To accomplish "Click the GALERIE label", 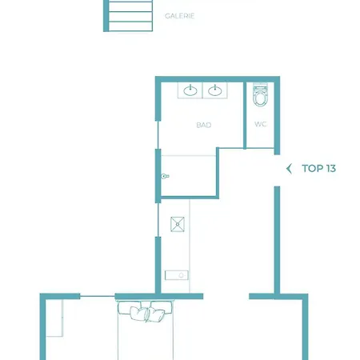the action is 179,16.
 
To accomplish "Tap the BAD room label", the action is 204,125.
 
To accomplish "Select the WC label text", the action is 261,124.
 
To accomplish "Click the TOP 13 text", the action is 318,169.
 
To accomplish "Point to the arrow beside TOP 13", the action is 289,169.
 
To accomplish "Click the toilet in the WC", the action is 260,95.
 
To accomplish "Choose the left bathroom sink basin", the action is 190,90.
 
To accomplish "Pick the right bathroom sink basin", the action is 215,90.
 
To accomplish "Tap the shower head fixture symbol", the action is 165,176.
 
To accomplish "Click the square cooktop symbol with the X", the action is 178,224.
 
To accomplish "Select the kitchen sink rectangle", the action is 177,275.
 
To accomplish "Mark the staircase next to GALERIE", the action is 128,16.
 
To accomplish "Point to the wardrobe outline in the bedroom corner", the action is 54,318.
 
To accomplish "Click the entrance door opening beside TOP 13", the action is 277,170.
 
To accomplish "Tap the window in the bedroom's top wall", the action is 98,296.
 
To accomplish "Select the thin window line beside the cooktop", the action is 158,220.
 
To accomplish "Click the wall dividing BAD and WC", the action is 245,115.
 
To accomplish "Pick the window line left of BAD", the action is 158,135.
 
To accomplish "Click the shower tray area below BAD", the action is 189,176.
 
